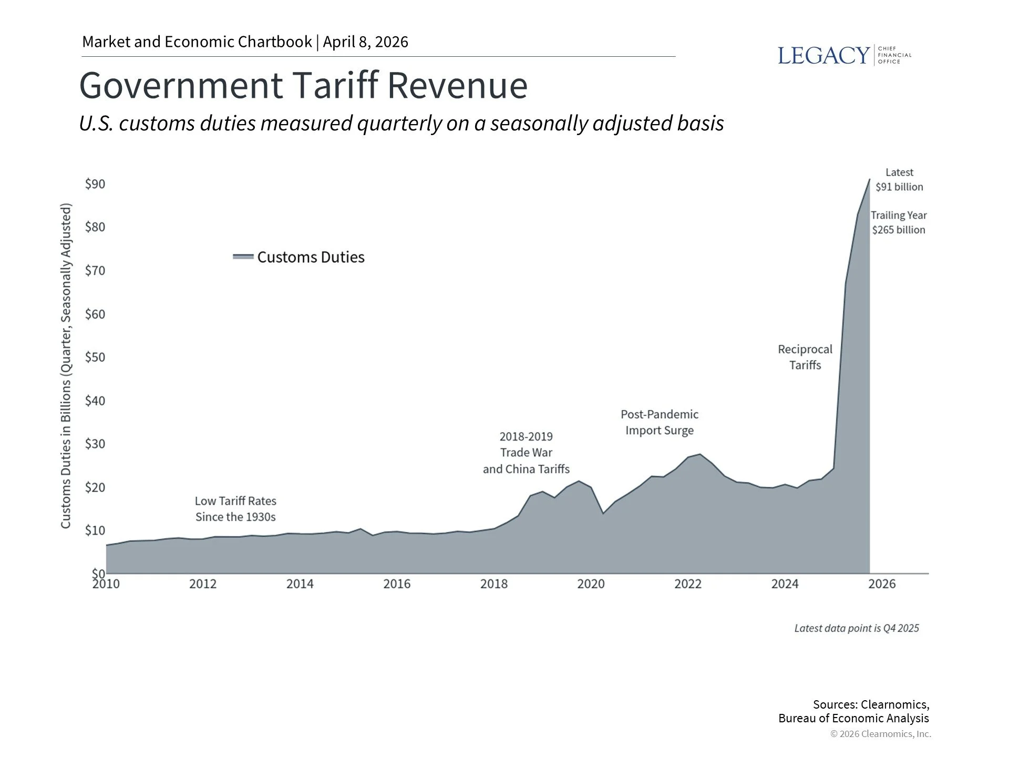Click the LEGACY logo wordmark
pos(823,55)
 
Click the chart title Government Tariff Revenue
pos(303,85)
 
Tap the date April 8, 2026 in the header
pos(365,42)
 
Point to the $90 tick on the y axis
pos(95,184)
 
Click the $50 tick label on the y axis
pos(95,357)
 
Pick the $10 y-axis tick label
pos(95,530)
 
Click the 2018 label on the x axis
pos(494,584)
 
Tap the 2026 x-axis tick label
pos(882,584)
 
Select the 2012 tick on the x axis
pos(203,584)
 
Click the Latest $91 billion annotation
pos(899,180)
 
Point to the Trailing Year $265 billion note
pos(899,222)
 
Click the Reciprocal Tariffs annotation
pos(805,357)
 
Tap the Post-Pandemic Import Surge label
pos(660,422)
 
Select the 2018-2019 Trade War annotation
pos(526,453)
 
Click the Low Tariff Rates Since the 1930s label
pos(235,509)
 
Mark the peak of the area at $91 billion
pos(869,180)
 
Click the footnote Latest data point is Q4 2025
pos(857,628)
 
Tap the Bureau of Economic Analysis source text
pos(853,718)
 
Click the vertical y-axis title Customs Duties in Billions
pos(66,366)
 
